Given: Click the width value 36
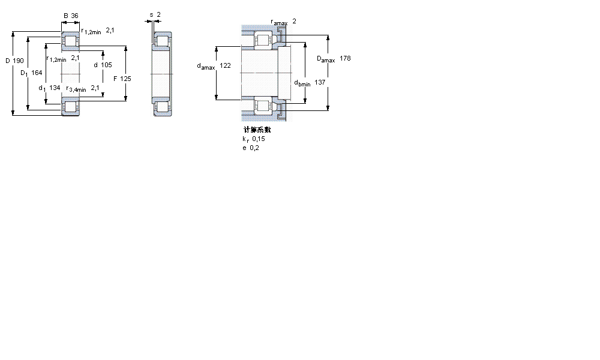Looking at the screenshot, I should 75,16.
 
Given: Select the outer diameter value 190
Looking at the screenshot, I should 19,61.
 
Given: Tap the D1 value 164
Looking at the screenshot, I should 37,73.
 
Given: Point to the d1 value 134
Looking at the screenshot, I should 55,88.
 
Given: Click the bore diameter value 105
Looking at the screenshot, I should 107,65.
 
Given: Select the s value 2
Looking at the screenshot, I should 158,15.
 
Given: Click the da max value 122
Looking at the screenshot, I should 225,65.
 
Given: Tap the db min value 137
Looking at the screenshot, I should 320,82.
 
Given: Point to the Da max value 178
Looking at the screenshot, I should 344,58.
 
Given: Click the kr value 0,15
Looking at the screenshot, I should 258,139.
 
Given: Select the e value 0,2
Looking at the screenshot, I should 254,148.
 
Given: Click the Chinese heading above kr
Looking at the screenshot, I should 257,130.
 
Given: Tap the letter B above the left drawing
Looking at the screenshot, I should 65,16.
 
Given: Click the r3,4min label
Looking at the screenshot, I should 76,89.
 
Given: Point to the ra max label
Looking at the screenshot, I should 279,22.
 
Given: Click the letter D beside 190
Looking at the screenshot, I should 7,61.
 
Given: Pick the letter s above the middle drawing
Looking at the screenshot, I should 151,15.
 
